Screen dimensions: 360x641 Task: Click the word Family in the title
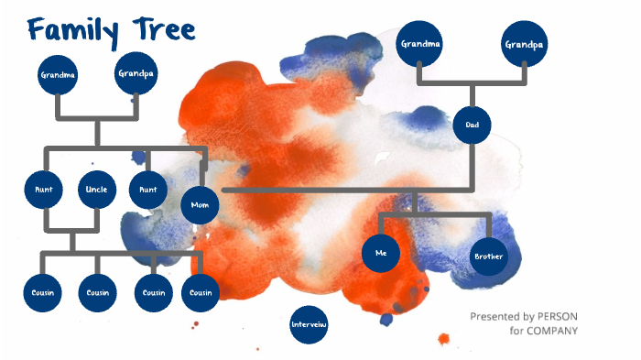(72, 30)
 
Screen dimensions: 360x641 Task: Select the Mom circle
(201, 206)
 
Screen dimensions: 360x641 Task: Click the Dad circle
(473, 125)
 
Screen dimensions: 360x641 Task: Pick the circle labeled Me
(381, 254)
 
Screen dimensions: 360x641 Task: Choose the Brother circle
(489, 256)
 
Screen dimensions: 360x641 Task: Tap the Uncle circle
(96, 190)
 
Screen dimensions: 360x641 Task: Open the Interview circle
(309, 325)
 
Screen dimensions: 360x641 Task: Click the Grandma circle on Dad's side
(419, 44)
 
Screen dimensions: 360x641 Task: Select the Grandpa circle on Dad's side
(524, 44)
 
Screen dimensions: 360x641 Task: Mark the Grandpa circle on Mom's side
(136, 73)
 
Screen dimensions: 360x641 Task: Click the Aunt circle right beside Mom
(148, 190)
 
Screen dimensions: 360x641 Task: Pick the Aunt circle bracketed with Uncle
(44, 190)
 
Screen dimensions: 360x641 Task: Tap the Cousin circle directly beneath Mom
(201, 293)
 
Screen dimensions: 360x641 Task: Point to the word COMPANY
(557, 331)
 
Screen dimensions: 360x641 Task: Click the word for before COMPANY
(519, 331)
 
